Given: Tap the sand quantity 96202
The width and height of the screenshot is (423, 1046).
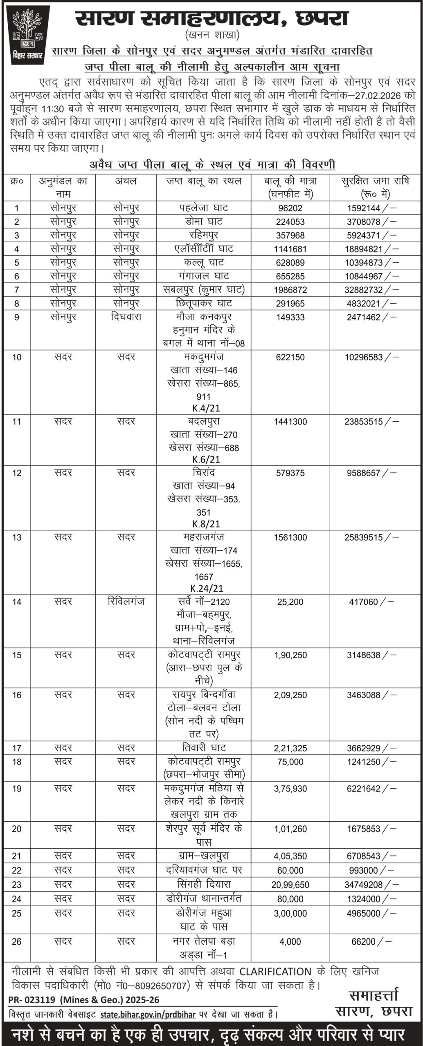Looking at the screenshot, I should [290, 208].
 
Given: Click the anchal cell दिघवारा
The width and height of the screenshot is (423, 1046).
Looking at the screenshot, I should [126, 317].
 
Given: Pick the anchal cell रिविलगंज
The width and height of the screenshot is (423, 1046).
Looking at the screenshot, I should [126, 601].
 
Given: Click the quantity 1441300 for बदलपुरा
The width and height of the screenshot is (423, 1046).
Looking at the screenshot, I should [290, 422].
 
